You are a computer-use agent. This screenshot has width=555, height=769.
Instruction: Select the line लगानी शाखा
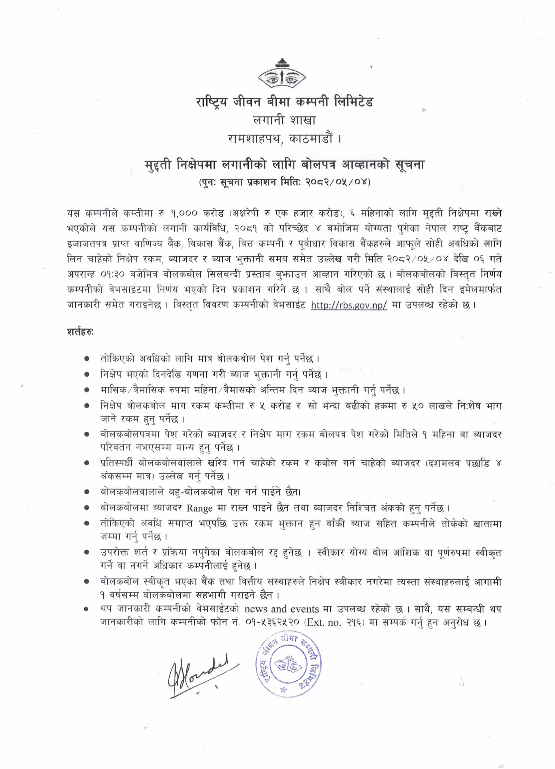284,120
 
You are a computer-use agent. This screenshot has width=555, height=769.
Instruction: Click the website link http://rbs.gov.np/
348,305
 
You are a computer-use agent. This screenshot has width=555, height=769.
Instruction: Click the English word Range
199,508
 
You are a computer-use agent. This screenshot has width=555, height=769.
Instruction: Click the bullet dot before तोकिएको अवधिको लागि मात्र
87,358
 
